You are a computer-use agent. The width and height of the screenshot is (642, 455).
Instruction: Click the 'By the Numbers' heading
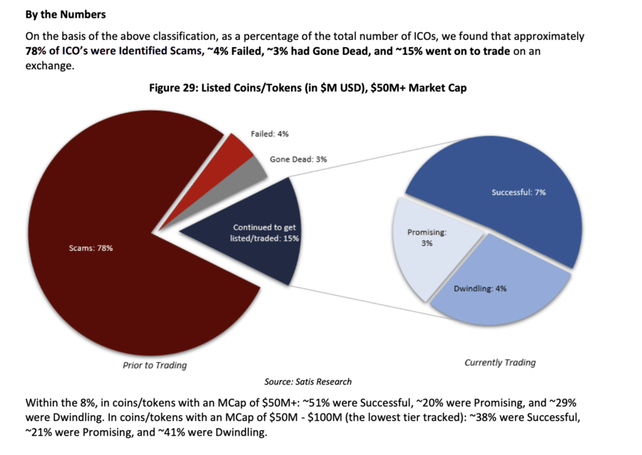coord(66,14)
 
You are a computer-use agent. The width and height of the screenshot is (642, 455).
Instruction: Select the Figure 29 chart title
coord(308,88)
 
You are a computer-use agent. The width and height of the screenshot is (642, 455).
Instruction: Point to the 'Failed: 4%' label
coord(270,134)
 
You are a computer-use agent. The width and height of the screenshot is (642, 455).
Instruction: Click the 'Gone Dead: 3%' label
coord(298,159)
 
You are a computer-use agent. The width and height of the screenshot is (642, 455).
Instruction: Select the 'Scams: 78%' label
coord(91,248)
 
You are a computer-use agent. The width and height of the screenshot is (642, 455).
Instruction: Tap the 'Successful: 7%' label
coord(519,193)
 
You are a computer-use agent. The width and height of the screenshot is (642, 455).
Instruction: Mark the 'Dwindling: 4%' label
coord(480,288)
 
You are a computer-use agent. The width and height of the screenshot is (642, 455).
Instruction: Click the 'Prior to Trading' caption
coord(155,365)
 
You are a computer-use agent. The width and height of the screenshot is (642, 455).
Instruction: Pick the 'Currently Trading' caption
coord(500,362)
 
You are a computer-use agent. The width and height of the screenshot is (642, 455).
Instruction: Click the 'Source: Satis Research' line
coord(308,382)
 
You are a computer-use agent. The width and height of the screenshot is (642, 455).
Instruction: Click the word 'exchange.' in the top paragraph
coord(50,66)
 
